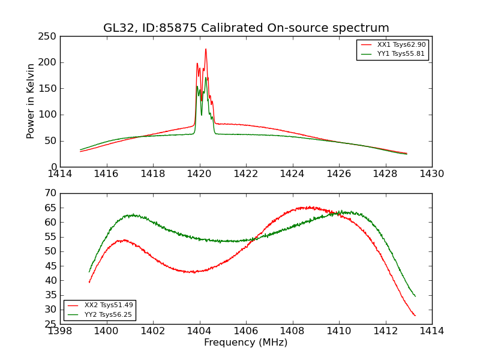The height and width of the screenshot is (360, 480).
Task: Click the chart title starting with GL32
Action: [246, 28]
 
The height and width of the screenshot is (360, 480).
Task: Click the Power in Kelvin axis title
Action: [31, 101]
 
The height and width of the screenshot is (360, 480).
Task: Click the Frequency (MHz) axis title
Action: [245, 343]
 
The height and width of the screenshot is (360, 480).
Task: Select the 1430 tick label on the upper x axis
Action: [431, 174]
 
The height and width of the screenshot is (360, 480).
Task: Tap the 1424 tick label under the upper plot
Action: [292, 174]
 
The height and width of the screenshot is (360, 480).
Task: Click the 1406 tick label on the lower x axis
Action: [246, 331]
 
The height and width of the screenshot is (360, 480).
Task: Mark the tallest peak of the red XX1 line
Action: [205, 49]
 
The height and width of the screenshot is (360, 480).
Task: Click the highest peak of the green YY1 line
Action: [206, 77]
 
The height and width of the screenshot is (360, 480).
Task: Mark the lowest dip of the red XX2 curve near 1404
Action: [191, 272]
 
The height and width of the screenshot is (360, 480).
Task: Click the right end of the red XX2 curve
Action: [415, 316]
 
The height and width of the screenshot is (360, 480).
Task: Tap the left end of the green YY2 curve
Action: [89, 272]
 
